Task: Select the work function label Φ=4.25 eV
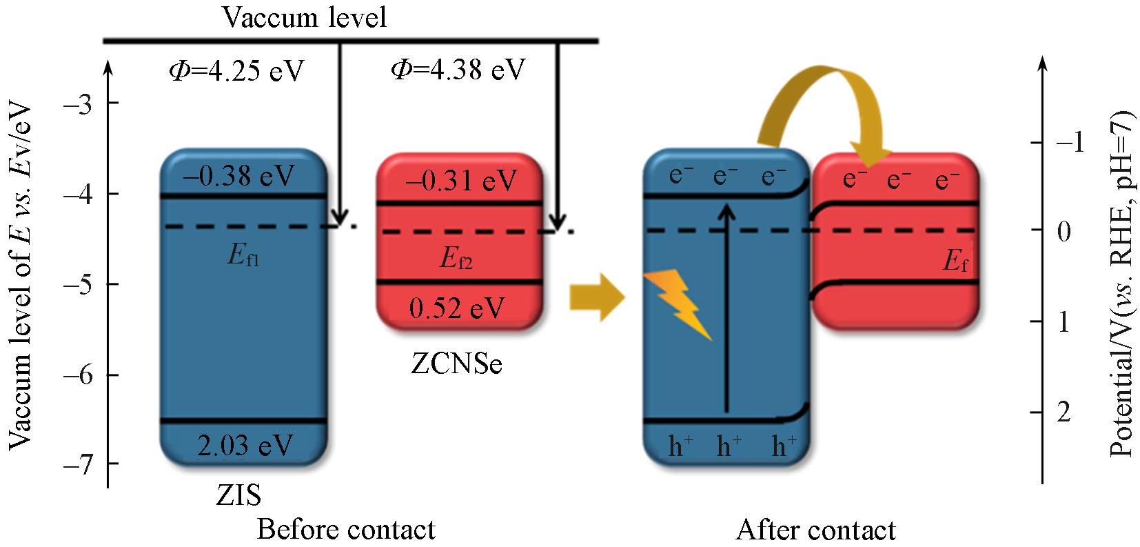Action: pyautogui.click(x=236, y=71)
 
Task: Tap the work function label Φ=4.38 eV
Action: pyautogui.click(x=458, y=70)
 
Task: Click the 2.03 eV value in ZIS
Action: pyautogui.click(x=245, y=445)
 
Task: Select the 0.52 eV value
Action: pyautogui.click(x=456, y=308)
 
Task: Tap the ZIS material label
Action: pyautogui.click(x=238, y=495)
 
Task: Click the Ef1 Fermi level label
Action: pyautogui.click(x=243, y=259)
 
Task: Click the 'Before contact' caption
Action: pyautogui.click(x=346, y=530)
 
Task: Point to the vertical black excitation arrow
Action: pyautogui.click(x=725, y=304)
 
